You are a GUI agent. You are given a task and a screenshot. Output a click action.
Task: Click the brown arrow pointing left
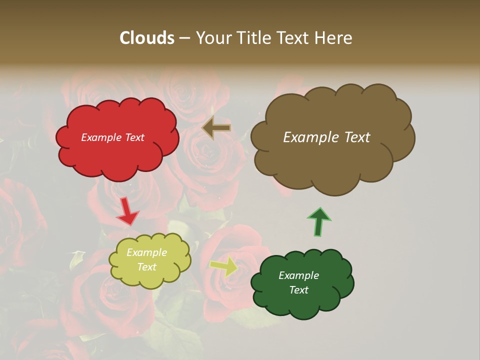pyautogui.click(x=216, y=128)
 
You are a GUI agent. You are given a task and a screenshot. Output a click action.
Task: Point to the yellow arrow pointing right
pyautogui.click(x=224, y=266)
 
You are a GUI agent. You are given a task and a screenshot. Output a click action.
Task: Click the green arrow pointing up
pyautogui.click(x=318, y=221)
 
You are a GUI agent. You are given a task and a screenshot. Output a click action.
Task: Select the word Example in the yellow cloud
pyautogui.click(x=147, y=252)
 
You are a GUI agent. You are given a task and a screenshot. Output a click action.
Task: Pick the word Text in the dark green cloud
pyautogui.click(x=299, y=290)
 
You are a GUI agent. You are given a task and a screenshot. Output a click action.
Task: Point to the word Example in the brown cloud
pyautogui.click(x=307, y=137)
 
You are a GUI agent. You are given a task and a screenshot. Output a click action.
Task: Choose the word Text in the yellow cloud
pyautogui.click(x=147, y=267)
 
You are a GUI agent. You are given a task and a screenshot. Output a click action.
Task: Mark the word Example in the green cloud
pyautogui.click(x=299, y=275)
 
